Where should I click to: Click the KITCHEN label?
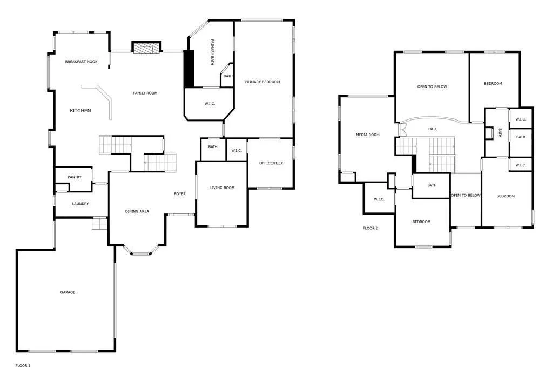[x=80, y=111]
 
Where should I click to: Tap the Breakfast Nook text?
[x=81, y=62]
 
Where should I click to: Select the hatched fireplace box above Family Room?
[x=146, y=47]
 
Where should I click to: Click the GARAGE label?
[x=68, y=292]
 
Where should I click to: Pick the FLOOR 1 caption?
[x=23, y=366]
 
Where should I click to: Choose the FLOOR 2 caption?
[x=370, y=228]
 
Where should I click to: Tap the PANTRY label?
[x=75, y=177]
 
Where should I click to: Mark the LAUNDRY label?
[x=80, y=204]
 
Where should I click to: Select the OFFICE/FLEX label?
[x=271, y=163]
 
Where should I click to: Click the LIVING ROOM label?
[x=222, y=188]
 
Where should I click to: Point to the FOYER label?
[x=180, y=193]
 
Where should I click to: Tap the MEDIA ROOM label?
[x=367, y=135]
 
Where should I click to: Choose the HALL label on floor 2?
[x=433, y=129]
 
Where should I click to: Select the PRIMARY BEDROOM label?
[x=262, y=82]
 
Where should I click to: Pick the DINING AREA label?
[x=137, y=211]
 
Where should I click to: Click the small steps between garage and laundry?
[x=99, y=224]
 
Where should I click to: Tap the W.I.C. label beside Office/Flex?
[x=237, y=151]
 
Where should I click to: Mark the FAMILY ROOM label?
[x=145, y=93]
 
